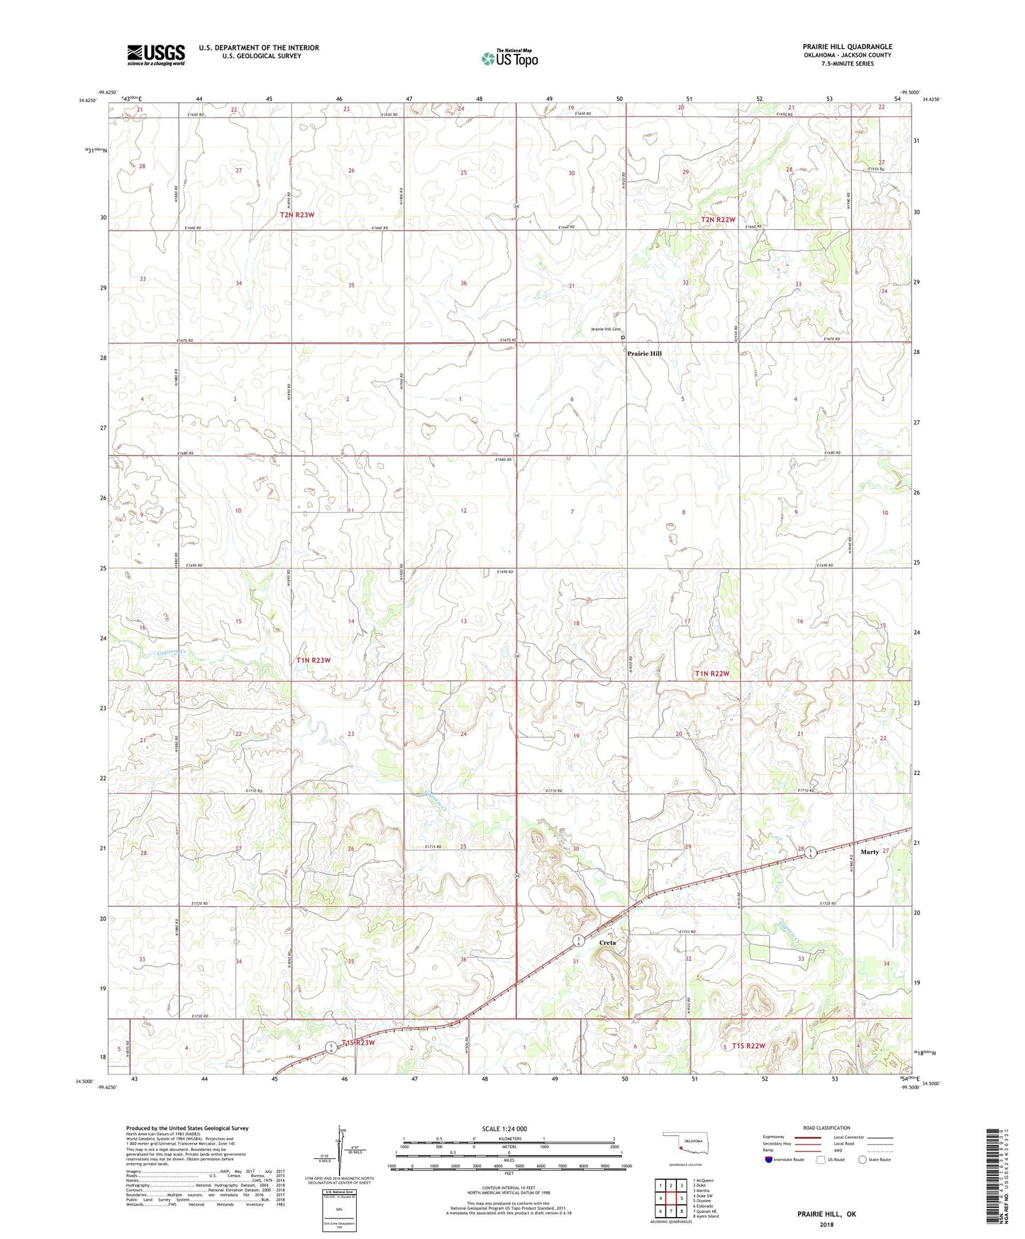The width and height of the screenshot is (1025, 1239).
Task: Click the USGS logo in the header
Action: (156, 55)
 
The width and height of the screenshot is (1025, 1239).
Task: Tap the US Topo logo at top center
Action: (509, 58)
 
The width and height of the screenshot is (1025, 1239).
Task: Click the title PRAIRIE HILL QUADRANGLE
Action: (847, 47)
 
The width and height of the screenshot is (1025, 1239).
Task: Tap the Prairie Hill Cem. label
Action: (606, 329)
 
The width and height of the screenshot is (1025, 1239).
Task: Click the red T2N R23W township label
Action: (297, 214)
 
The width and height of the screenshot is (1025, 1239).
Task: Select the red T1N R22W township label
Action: (712, 673)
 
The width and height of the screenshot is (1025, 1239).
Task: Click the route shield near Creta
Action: (579, 941)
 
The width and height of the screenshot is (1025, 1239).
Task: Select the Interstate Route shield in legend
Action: (770, 1160)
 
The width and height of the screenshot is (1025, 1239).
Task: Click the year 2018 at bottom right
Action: (826, 1224)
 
